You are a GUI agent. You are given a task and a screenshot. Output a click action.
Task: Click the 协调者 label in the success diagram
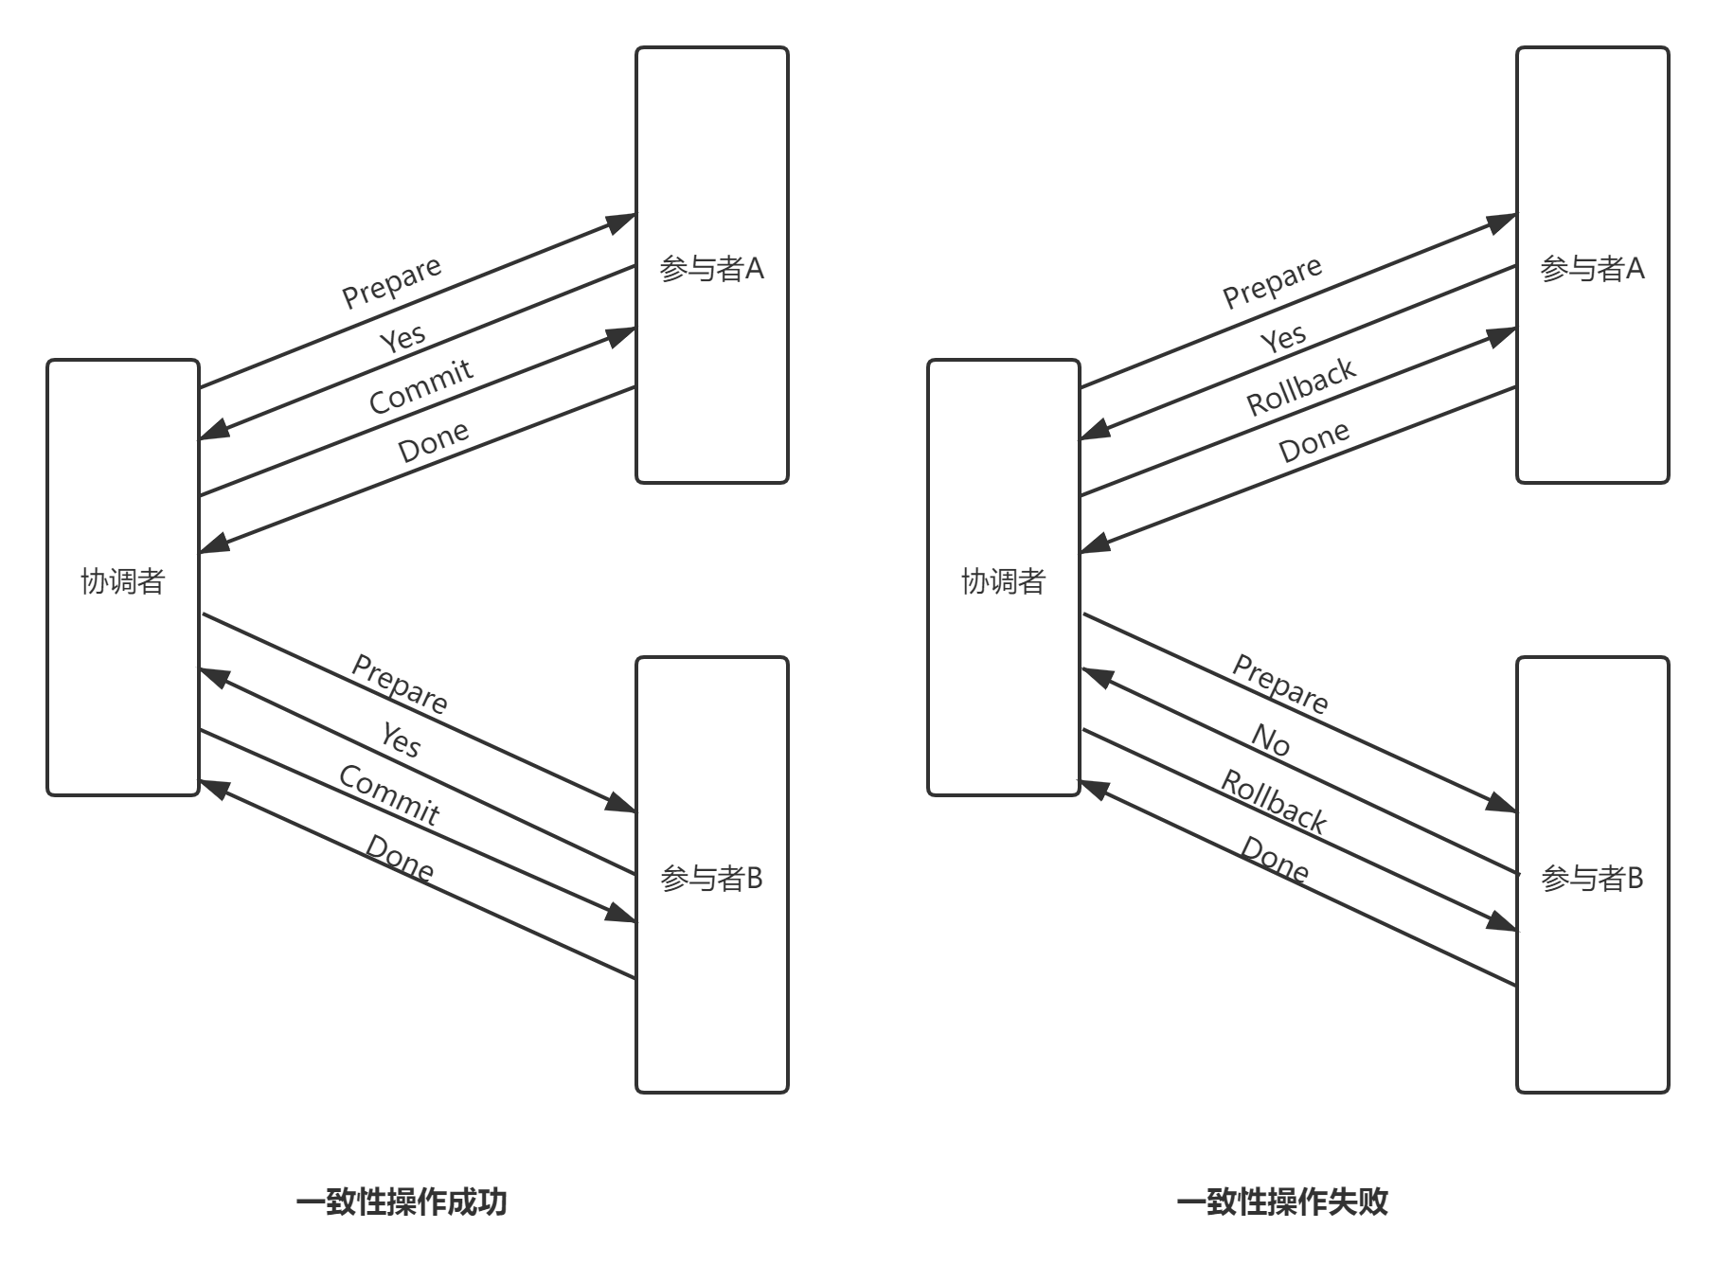(123, 580)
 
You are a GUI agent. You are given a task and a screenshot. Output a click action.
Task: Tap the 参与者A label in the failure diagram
(1592, 269)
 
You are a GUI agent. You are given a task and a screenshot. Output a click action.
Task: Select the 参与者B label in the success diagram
(711, 879)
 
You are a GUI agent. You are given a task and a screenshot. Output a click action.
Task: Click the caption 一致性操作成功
(402, 1202)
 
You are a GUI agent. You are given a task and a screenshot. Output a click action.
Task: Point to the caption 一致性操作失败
(1282, 1202)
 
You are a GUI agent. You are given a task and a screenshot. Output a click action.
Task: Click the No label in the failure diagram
(1271, 740)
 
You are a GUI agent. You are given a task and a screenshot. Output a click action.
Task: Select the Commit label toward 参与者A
(420, 386)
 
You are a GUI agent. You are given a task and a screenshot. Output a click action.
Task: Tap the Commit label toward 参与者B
(389, 795)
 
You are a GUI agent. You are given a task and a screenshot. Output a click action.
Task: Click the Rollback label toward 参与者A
(1300, 386)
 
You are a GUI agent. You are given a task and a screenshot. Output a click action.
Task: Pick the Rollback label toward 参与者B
(1274, 801)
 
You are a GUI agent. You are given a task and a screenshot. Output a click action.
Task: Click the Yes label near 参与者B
(401, 739)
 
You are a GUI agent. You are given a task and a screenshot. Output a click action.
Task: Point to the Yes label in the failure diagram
(1283, 338)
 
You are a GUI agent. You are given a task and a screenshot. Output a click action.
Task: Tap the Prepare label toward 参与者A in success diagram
(391, 281)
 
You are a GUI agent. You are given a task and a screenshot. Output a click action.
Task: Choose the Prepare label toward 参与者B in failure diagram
(1280, 683)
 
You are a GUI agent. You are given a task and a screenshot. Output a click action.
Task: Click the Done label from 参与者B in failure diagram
(1275, 859)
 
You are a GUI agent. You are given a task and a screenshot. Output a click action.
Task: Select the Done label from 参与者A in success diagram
(433, 441)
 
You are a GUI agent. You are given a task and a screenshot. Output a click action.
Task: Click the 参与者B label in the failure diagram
(1592, 879)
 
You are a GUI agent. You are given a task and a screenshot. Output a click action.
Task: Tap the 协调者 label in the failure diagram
(1004, 580)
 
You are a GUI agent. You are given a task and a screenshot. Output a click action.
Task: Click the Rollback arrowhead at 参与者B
(1502, 920)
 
